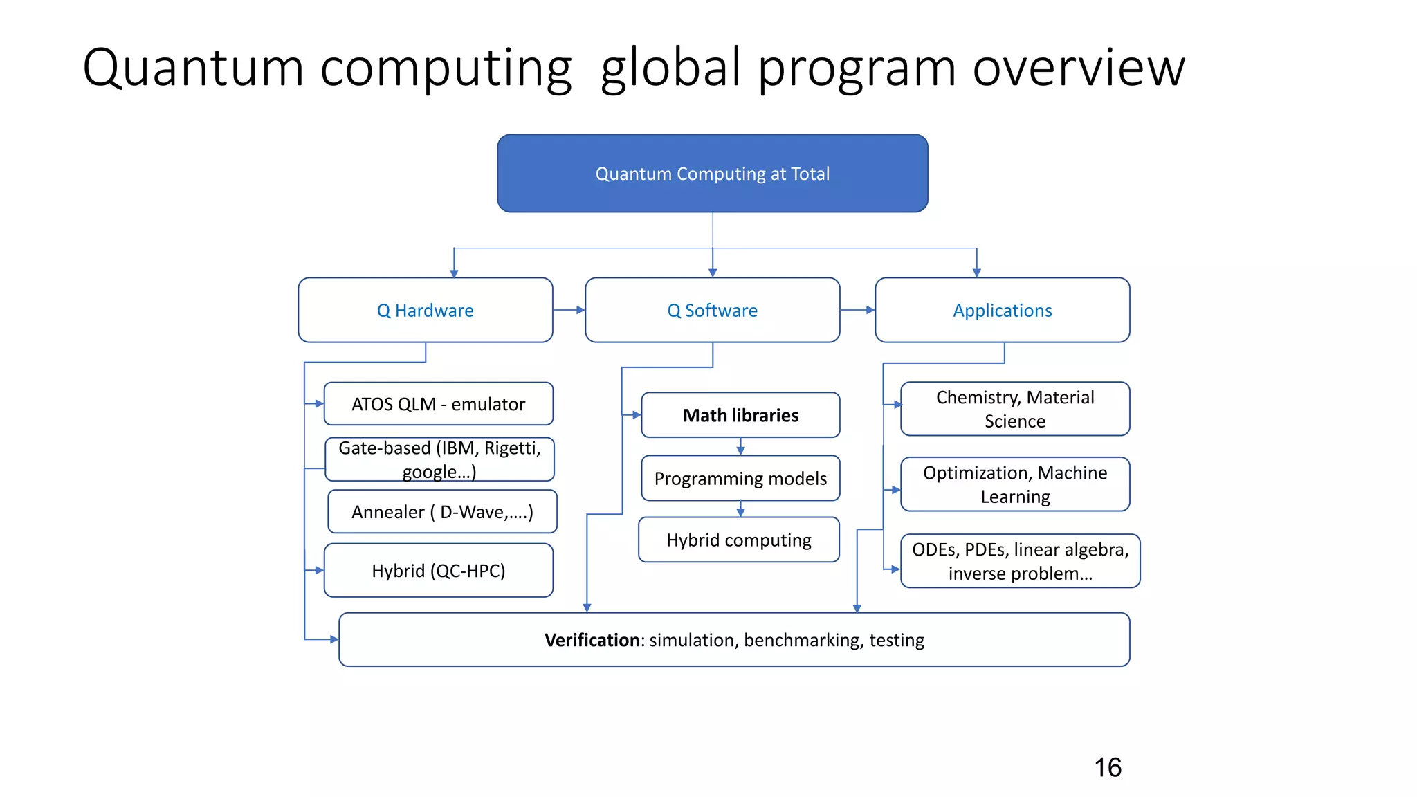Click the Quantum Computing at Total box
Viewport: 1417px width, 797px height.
pos(712,173)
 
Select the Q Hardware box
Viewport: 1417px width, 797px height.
pos(425,310)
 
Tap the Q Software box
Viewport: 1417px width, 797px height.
pos(712,310)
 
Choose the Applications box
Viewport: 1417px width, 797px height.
pos(1002,310)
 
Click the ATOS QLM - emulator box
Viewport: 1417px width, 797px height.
pos(438,404)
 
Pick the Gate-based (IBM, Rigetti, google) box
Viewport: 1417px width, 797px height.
pos(439,459)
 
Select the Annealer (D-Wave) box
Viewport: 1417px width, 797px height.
pos(442,512)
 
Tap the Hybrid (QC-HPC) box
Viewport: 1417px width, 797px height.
pos(438,570)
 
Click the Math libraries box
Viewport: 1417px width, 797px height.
pos(740,415)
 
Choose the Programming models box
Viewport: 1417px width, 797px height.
pos(740,478)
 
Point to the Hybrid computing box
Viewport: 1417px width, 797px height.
pos(738,540)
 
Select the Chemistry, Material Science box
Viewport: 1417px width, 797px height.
pos(1015,409)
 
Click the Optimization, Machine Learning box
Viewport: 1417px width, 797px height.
pos(1015,484)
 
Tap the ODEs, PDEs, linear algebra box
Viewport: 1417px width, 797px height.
pos(1020,561)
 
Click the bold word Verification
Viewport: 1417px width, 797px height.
pos(592,640)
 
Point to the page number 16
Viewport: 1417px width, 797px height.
pos(1108,767)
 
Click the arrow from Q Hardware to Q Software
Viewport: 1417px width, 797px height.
pos(569,310)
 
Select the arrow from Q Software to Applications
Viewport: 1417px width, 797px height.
pos(858,310)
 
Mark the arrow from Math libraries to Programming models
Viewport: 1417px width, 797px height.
pos(740,446)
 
